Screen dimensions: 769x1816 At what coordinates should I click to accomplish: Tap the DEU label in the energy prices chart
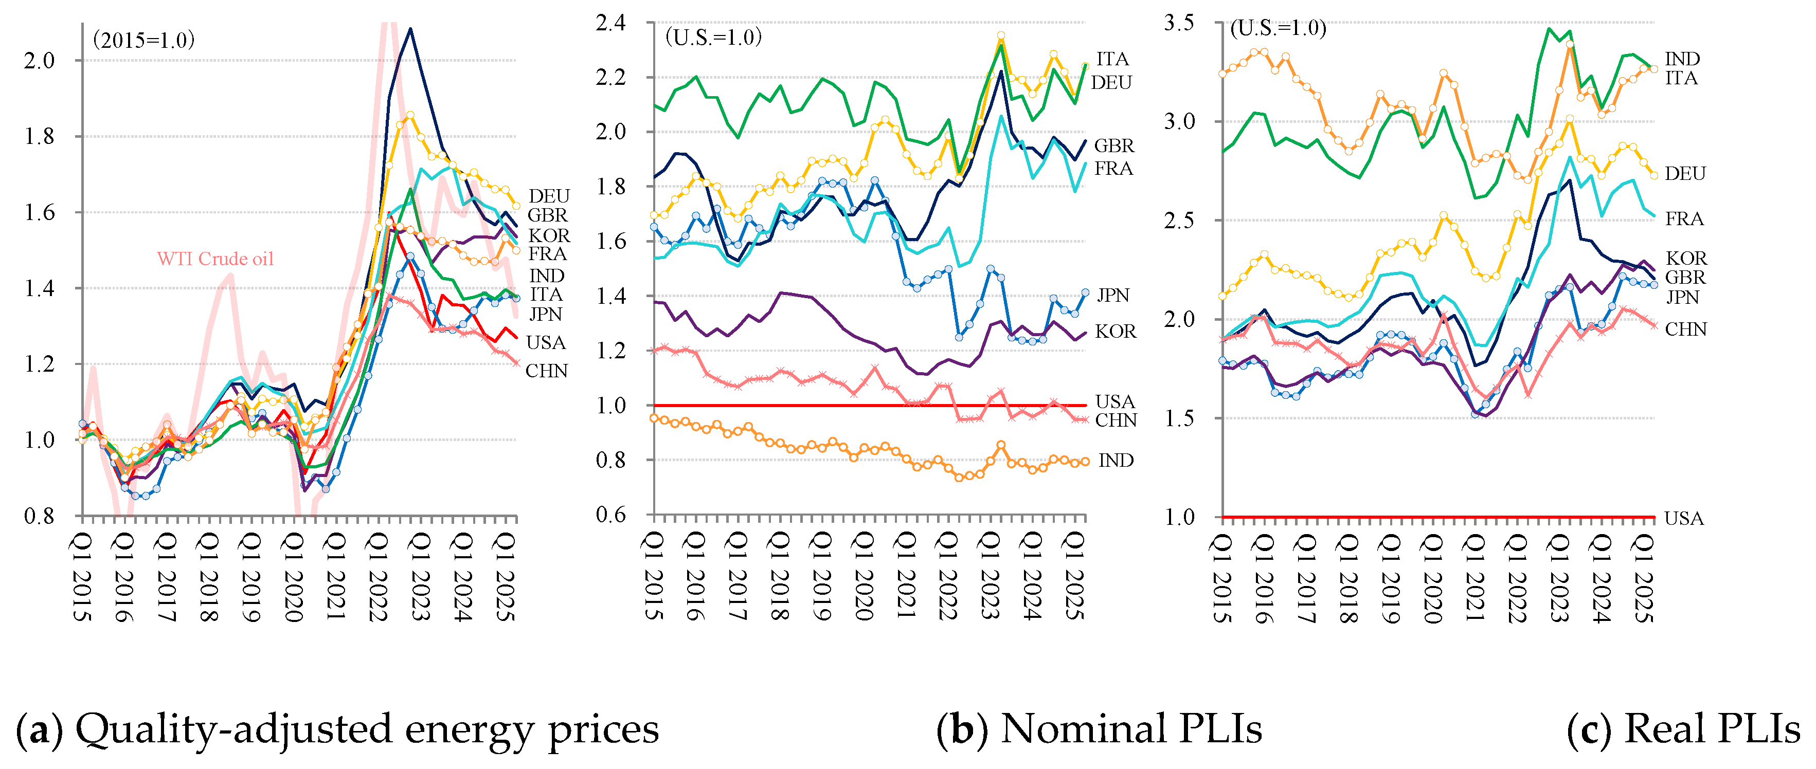pos(548,195)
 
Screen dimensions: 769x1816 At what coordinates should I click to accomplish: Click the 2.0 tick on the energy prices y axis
pos(40,61)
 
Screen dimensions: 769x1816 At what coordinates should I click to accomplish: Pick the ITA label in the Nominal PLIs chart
pos(1112,59)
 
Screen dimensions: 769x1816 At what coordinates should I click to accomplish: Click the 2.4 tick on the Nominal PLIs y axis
pos(610,23)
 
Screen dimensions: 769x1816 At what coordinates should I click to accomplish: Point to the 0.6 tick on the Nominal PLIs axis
pos(610,515)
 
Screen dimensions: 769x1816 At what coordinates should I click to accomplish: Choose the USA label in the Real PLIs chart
pos(1683,518)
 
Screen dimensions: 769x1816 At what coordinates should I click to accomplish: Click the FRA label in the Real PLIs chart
pos(1684,218)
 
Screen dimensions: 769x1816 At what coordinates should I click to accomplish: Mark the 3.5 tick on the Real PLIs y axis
pos(1179,23)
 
